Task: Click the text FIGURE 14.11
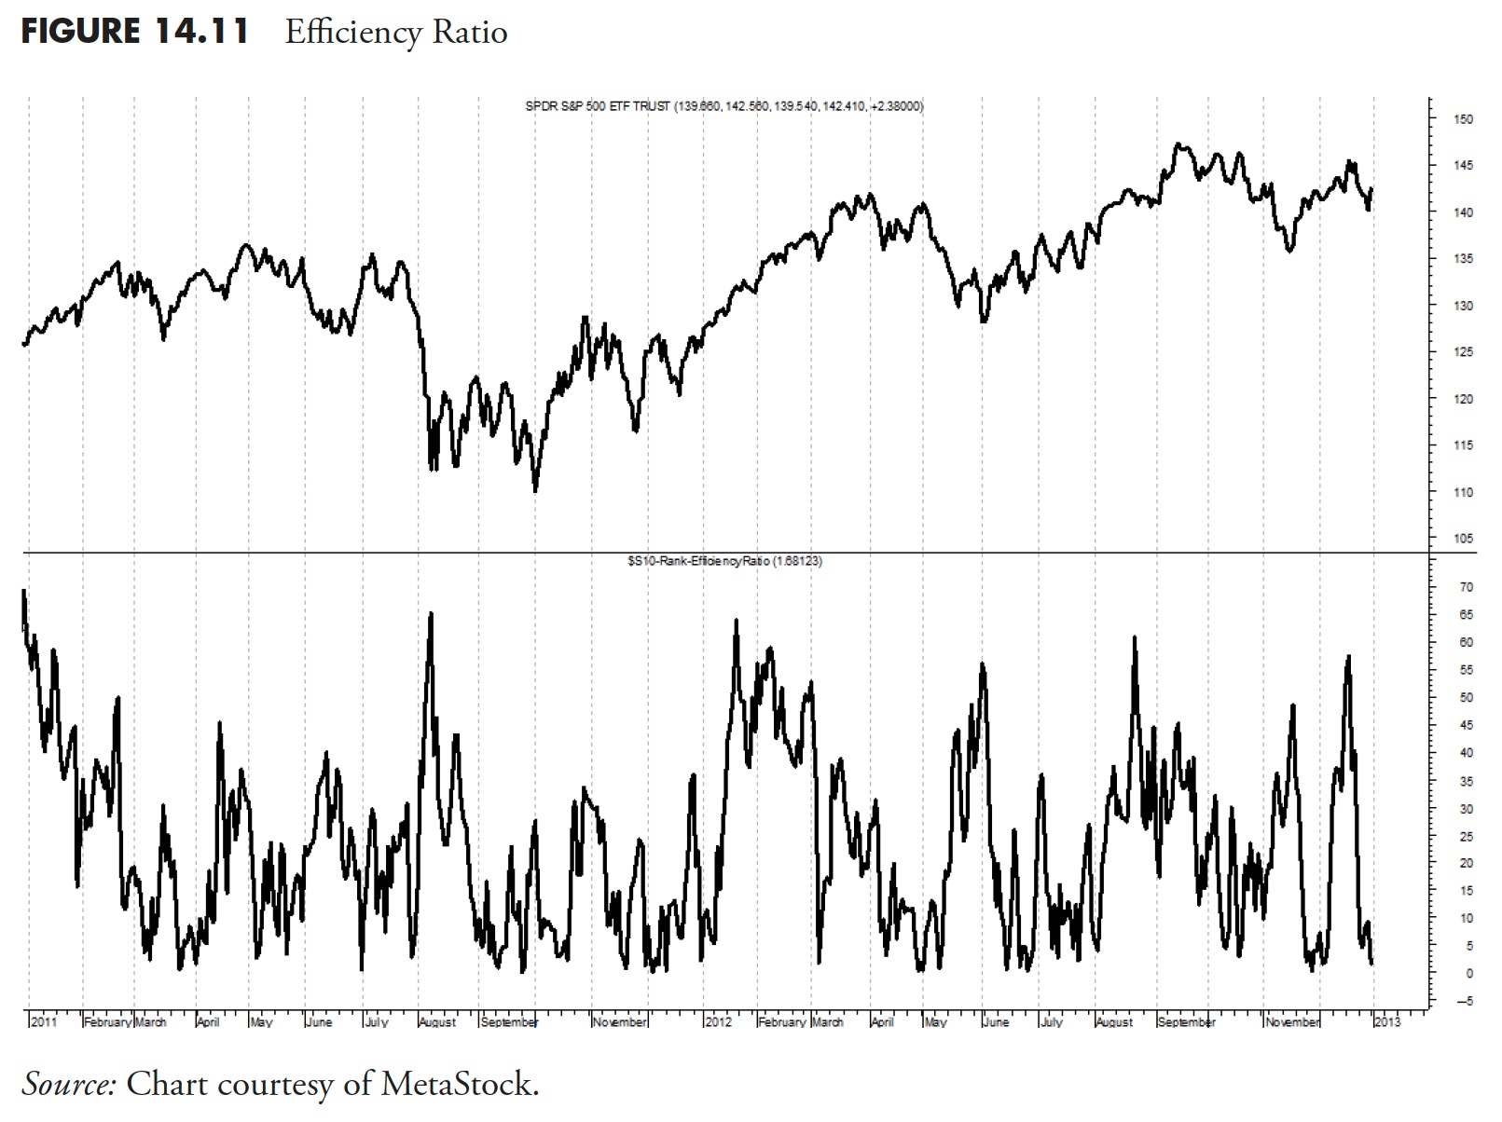tap(134, 32)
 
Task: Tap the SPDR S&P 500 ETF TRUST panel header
tap(724, 106)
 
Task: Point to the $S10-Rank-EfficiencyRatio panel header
tap(724, 561)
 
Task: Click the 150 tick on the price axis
tap(1463, 119)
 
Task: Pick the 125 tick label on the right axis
tap(1463, 352)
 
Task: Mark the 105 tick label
tap(1463, 539)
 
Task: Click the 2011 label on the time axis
tap(44, 1022)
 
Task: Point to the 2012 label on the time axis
tap(718, 1022)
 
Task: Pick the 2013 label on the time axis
tap(1387, 1022)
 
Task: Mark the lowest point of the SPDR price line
tap(535, 490)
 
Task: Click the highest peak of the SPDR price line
tap(1179, 144)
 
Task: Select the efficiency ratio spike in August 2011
tap(431, 614)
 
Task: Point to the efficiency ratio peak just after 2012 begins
tap(737, 620)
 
